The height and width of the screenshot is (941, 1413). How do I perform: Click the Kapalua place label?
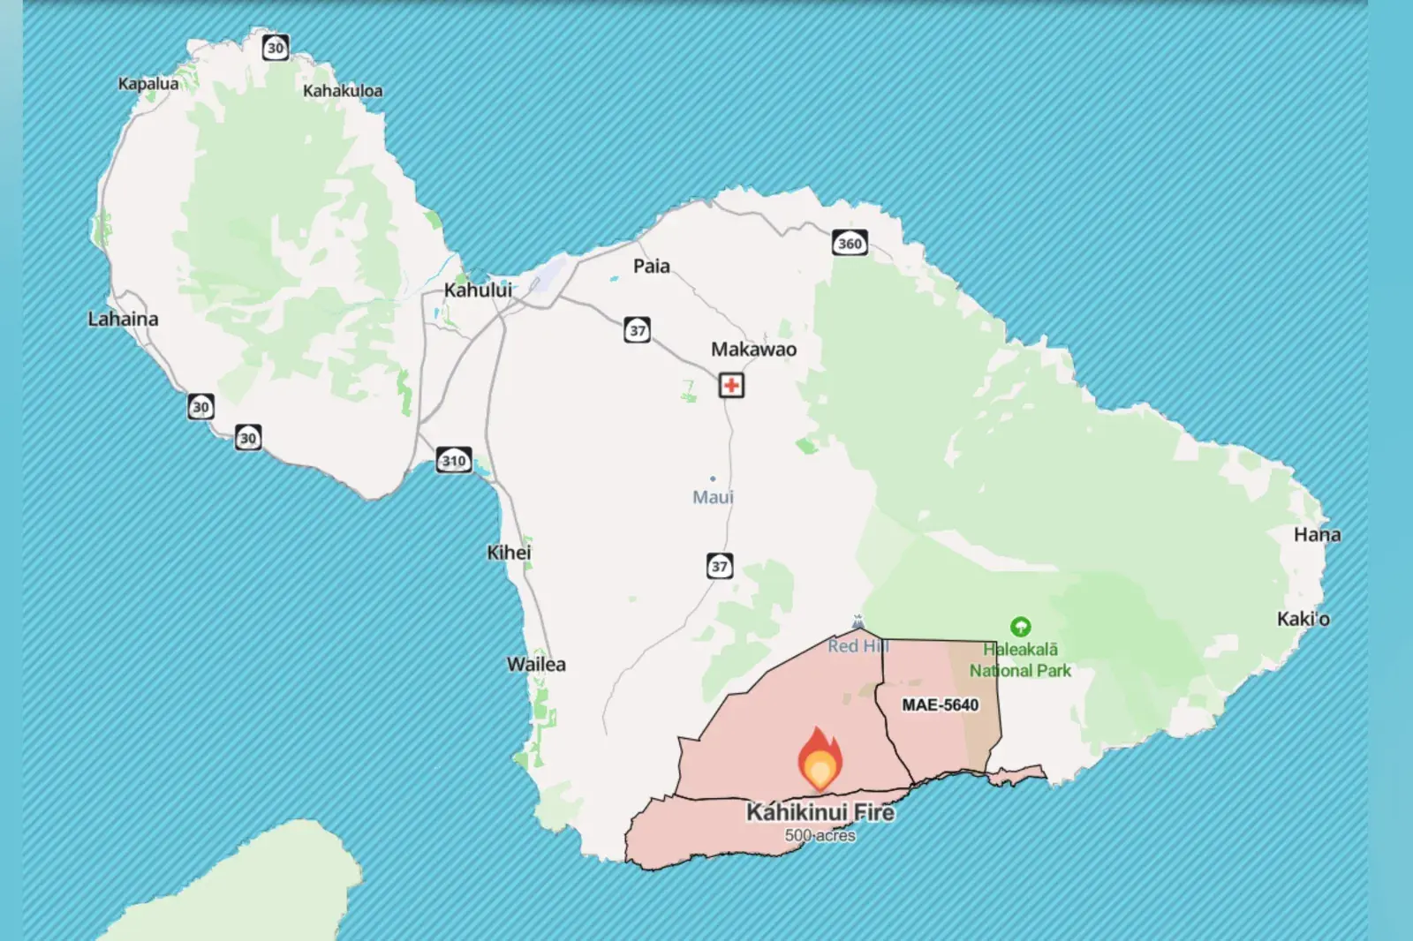(x=148, y=84)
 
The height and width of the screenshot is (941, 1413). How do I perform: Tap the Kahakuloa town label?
(x=343, y=91)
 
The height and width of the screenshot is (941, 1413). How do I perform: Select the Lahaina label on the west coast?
(x=123, y=319)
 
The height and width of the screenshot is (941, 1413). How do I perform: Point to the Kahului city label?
(x=478, y=290)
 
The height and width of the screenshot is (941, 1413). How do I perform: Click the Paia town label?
(x=652, y=266)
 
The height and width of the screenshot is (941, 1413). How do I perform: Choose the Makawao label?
(x=753, y=350)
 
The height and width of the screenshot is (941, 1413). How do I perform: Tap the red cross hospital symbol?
(x=731, y=386)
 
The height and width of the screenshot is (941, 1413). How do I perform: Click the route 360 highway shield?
(x=850, y=243)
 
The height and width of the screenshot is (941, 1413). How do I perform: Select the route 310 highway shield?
(x=454, y=460)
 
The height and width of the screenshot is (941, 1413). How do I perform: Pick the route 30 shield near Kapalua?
(x=276, y=48)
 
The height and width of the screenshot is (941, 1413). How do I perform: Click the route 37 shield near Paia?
(x=638, y=330)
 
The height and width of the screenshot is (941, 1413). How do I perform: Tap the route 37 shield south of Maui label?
(x=720, y=566)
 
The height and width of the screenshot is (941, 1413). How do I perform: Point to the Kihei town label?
(x=509, y=553)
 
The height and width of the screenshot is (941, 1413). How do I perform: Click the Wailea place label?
(x=536, y=664)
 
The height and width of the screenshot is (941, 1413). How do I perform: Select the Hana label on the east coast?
(x=1317, y=534)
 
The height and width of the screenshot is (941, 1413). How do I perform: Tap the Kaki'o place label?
(x=1303, y=619)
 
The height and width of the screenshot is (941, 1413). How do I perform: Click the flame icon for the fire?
(x=820, y=759)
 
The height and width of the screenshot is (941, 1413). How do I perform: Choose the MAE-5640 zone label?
(x=940, y=704)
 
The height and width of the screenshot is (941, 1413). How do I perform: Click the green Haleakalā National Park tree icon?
(x=1021, y=627)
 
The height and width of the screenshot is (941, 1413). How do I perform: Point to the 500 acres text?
(x=820, y=835)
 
